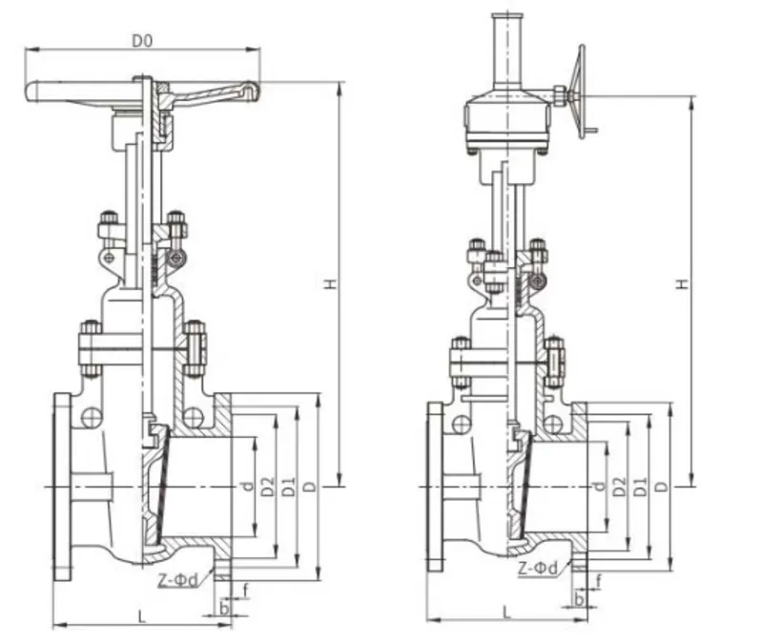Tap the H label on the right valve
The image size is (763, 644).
tap(683, 285)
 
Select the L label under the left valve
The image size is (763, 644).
tap(141, 616)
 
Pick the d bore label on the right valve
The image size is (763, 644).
tap(598, 486)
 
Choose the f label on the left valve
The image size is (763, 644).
tap(245, 590)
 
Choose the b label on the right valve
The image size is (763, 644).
tap(579, 599)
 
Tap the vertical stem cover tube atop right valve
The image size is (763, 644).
tap(505, 52)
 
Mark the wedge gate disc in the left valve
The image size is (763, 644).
tap(153, 482)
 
